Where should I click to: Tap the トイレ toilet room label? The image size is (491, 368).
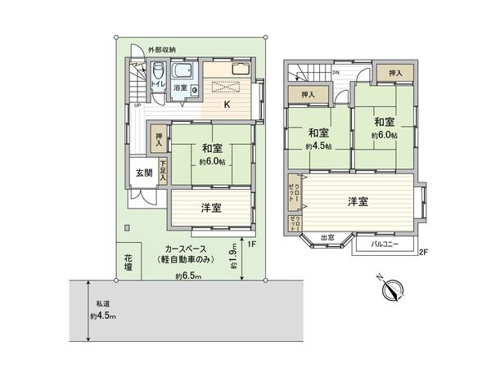coord(160,85)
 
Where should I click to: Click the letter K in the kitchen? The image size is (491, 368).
coord(228,104)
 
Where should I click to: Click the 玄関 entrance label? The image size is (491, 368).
coord(143,173)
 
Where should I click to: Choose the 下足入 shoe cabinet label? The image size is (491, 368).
coord(164,169)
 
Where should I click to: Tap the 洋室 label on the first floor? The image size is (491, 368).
coord(211,208)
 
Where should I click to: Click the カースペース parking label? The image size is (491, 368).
coord(187,249)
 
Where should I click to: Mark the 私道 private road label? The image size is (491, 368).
coord(101,302)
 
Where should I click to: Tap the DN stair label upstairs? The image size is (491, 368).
coord(336,72)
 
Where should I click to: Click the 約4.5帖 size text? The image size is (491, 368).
coord(318,146)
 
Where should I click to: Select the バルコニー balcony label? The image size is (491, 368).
coord(384,244)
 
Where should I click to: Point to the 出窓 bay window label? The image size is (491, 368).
coord(327,238)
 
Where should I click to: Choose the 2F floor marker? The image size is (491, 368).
coord(423,252)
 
